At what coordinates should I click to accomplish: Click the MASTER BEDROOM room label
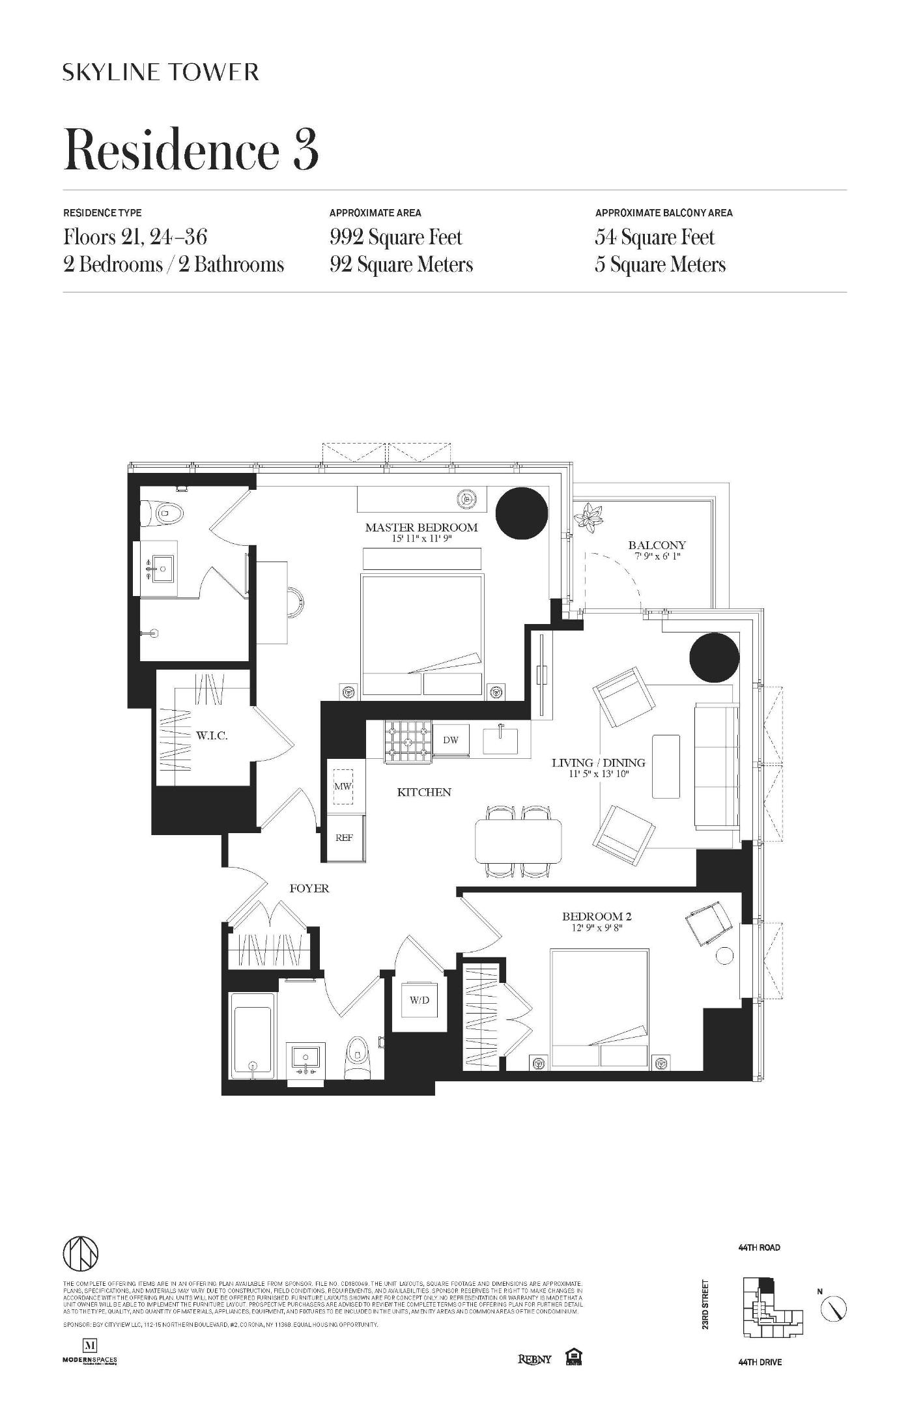[x=421, y=528]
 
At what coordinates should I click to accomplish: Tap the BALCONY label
[x=657, y=545]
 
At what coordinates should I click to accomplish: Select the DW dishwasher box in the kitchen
[x=451, y=740]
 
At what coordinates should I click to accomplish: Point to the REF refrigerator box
[x=344, y=838]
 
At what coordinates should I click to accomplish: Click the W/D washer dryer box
[x=419, y=1000]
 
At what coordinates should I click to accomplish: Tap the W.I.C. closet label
[x=212, y=736]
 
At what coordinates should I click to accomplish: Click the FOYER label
[x=309, y=888]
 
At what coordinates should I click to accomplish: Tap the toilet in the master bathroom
[x=163, y=513]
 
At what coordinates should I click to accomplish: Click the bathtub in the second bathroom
[x=253, y=1038]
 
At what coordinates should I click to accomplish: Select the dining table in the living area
[x=519, y=840]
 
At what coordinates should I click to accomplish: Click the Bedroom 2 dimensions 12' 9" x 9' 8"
[x=597, y=928]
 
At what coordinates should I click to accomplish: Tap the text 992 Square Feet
[x=396, y=237]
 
